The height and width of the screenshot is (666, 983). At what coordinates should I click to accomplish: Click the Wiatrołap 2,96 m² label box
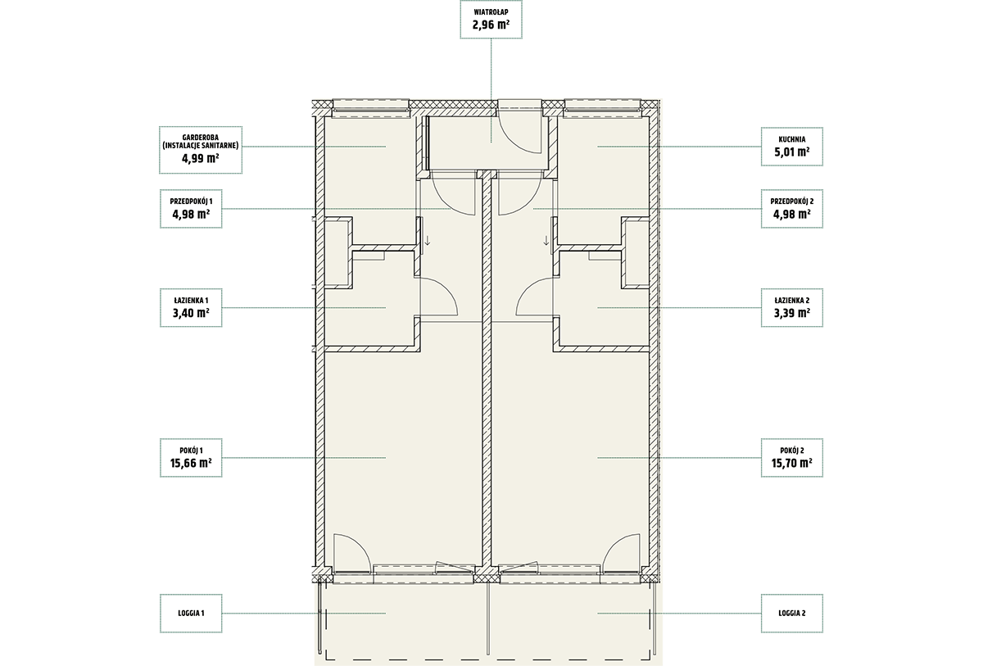pos(491,20)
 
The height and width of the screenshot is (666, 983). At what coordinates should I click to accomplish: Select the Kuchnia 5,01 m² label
pos(791,147)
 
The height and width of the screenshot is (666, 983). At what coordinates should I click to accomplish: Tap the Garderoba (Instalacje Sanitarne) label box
pos(201,150)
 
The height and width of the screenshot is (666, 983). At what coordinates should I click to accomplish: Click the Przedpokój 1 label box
pos(191,209)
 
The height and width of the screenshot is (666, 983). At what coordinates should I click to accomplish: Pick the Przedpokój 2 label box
pos(791,209)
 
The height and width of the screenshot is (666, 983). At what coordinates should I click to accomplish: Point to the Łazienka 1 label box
pos(191,307)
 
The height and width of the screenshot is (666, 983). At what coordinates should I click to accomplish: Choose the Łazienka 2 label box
pos(791,307)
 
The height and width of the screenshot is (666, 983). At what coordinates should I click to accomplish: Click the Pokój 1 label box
pos(191,458)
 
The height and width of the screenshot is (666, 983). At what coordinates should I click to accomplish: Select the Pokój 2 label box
pos(791,458)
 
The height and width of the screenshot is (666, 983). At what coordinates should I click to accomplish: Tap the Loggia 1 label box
pos(191,614)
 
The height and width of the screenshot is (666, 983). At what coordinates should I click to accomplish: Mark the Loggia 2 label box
pos(791,614)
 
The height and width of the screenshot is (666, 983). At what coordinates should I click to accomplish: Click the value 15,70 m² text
pos(791,463)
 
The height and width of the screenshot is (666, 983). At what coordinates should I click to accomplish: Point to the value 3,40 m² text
pos(191,313)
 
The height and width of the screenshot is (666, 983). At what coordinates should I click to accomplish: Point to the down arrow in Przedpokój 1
pos(428,241)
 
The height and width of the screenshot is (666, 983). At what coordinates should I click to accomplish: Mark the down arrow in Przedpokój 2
pos(546,241)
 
